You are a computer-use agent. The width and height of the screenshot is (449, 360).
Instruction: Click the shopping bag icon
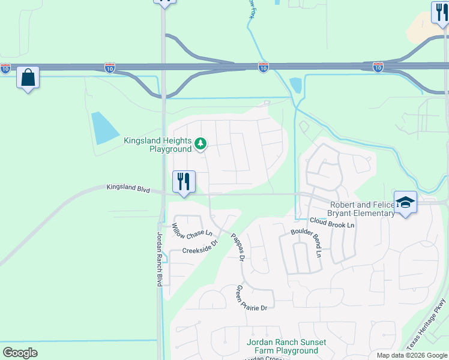(28, 77)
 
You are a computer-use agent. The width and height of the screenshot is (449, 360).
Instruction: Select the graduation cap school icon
(405, 202)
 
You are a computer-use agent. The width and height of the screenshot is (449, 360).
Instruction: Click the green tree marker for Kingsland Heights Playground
(201, 143)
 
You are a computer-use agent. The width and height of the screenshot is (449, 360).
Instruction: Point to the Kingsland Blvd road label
(128, 188)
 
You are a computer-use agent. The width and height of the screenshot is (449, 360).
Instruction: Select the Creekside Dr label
(200, 247)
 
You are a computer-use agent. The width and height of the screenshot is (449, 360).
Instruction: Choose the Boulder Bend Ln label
(306, 242)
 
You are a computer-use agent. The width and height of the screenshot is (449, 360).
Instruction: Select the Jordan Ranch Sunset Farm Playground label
(286, 346)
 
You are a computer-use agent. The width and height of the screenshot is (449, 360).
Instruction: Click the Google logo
(20, 353)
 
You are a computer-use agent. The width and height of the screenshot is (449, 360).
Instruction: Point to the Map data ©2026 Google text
(411, 355)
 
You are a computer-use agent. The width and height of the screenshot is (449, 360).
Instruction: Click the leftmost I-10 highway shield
(5, 68)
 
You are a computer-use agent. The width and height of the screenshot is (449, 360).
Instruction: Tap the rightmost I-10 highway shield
(378, 67)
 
